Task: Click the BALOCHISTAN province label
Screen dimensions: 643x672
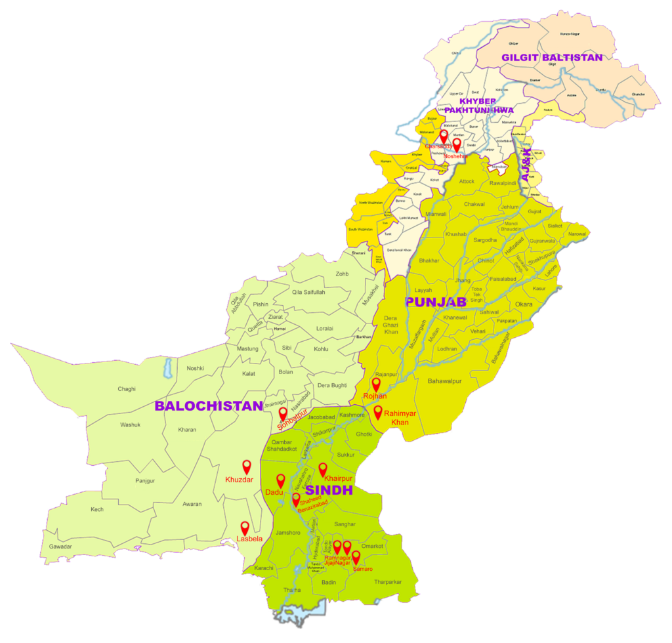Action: click(209, 406)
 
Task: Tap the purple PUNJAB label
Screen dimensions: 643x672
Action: click(435, 302)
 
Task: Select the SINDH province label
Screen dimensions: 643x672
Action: click(329, 491)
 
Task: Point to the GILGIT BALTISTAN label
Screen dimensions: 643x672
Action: click(551, 57)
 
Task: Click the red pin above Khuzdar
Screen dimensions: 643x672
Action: click(247, 467)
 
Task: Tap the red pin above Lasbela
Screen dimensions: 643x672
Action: click(245, 528)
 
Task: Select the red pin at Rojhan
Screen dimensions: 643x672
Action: click(376, 384)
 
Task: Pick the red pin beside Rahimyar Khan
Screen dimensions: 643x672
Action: click(378, 412)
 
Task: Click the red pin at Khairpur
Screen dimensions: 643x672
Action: click(322, 469)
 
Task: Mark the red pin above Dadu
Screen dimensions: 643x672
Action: click(281, 481)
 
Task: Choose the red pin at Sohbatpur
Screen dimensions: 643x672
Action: click(283, 414)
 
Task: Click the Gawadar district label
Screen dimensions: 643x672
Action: click(60, 547)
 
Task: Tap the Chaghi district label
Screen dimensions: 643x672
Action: click(127, 389)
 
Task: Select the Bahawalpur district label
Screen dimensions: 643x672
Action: click(445, 381)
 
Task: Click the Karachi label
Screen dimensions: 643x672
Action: click(264, 568)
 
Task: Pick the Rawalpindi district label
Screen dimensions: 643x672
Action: click(503, 183)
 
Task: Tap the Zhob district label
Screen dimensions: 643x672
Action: click(342, 274)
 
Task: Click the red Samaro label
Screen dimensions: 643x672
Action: click(362, 569)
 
